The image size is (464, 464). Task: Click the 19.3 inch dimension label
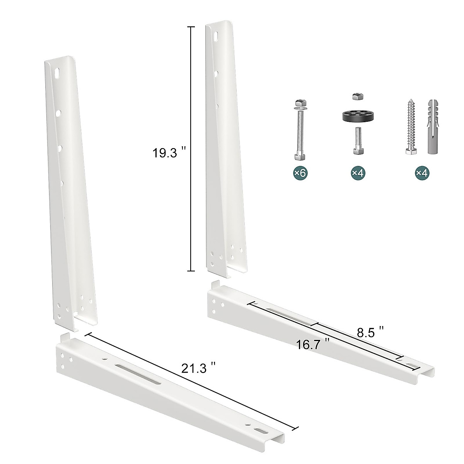point(169,153)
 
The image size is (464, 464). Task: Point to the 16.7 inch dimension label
point(313,344)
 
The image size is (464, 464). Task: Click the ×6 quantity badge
point(300,173)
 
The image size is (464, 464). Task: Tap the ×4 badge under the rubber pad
point(358,173)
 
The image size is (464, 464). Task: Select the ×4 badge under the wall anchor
point(422,173)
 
